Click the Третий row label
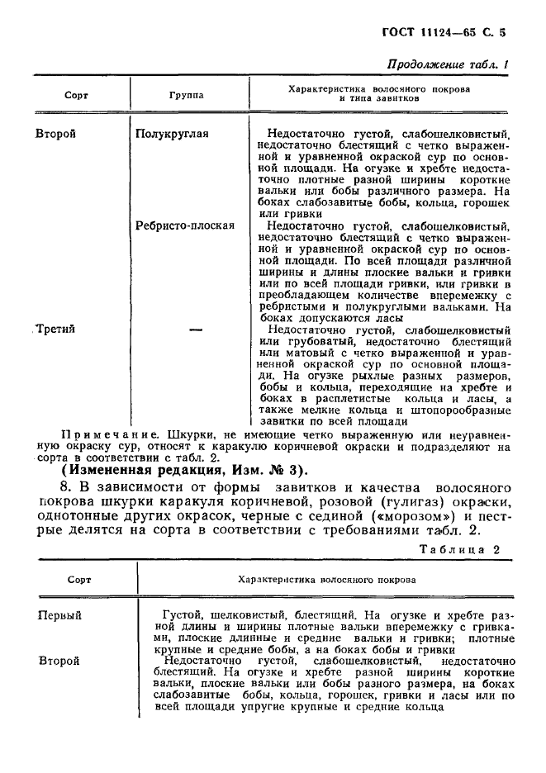point(58,329)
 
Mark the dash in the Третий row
point(196,329)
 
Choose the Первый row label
point(60,615)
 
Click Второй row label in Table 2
point(59,661)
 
